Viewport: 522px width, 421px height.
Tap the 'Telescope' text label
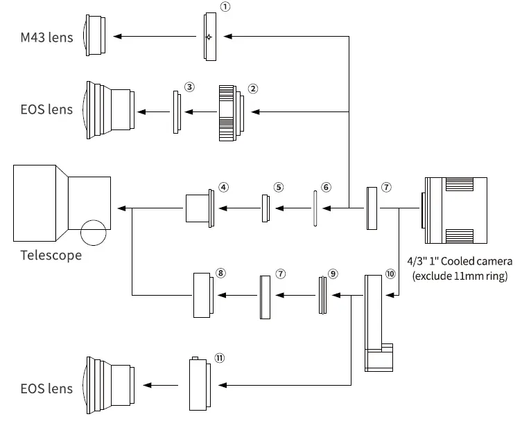(x=51, y=256)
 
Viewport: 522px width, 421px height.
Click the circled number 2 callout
(x=253, y=89)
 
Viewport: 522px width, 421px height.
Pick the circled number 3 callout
(x=189, y=87)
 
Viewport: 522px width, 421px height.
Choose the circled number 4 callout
(x=223, y=187)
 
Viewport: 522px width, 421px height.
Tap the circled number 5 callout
(x=279, y=187)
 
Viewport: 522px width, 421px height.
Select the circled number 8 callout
(x=220, y=273)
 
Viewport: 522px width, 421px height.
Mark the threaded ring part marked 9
(x=322, y=296)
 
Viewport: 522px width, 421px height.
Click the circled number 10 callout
(x=390, y=274)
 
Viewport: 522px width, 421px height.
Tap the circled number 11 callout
(x=219, y=358)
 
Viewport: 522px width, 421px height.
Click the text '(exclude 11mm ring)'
(x=460, y=276)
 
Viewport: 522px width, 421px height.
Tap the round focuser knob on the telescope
(x=94, y=233)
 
